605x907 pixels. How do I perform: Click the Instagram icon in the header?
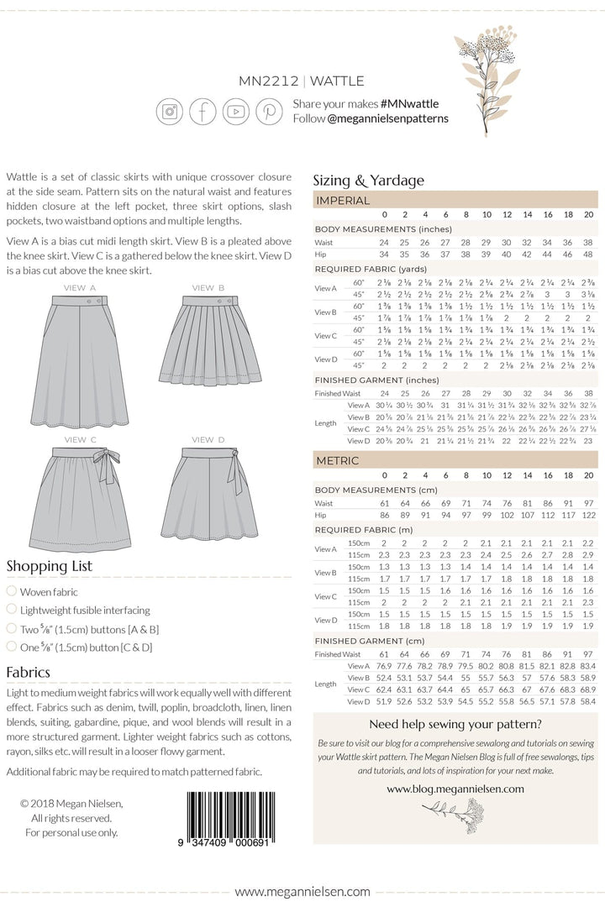tap(170, 111)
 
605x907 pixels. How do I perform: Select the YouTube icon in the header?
tap(236, 111)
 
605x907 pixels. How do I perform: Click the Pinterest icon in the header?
tap(270, 111)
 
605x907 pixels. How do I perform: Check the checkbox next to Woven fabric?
tap(11, 592)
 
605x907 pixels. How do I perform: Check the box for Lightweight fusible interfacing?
tap(11, 610)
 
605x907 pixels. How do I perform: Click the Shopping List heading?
tap(49, 566)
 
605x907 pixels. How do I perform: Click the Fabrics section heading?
tap(29, 672)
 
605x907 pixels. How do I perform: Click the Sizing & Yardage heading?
tap(368, 180)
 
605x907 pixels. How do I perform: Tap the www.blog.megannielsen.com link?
tap(455, 789)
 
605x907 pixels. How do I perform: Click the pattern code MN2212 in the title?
tap(271, 81)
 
